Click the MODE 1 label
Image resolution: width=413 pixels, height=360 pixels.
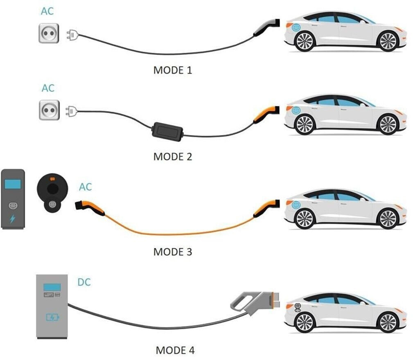[x=172, y=70]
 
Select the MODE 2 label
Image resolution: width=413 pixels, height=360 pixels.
[x=172, y=156]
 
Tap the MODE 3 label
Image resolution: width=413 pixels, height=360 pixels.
[x=172, y=251]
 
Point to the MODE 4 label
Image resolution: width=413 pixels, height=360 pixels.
[x=175, y=351]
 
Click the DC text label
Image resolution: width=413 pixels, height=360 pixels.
[x=84, y=282]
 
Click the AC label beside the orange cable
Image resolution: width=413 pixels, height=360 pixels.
[x=85, y=187]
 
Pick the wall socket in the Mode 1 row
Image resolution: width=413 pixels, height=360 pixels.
[x=48, y=33]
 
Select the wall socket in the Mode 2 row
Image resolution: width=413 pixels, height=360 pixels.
[x=49, y=110]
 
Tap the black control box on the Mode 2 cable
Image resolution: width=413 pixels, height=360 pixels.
[x=167, y=131]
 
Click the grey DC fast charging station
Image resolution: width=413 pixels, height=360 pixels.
[x=52, y=306]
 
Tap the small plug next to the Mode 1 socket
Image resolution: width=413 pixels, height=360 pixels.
[x=71, y=35]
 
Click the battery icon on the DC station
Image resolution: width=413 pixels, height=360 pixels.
[x=52, y=317]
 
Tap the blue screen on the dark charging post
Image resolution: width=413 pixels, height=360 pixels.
[x=13, y=184]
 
